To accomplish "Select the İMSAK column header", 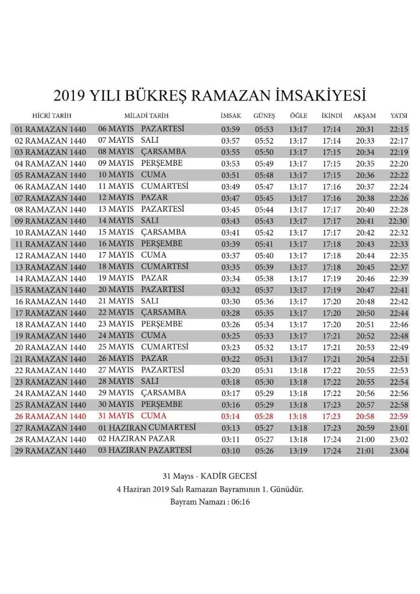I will tap(230, 116).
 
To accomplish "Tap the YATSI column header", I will tap(398, 116).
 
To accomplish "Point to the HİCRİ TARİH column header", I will tap(52, 116).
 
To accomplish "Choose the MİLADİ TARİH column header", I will tap(146, 116).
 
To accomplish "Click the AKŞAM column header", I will tap(365, 116).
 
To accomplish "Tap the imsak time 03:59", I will tap(230, 130).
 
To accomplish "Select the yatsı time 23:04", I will tap(399, 451).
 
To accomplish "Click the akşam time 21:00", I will tap(365, 439).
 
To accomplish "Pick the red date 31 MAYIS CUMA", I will tap(131, 416).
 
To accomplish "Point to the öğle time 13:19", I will tap(298, 451).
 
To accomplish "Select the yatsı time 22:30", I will tap(398, 221).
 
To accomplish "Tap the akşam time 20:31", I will tap(365, 130).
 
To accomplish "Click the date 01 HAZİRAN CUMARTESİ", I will tap(147, 427).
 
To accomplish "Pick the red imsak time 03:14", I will tap(230, 417).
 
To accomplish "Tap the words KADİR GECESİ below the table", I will tap(227, 476).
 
